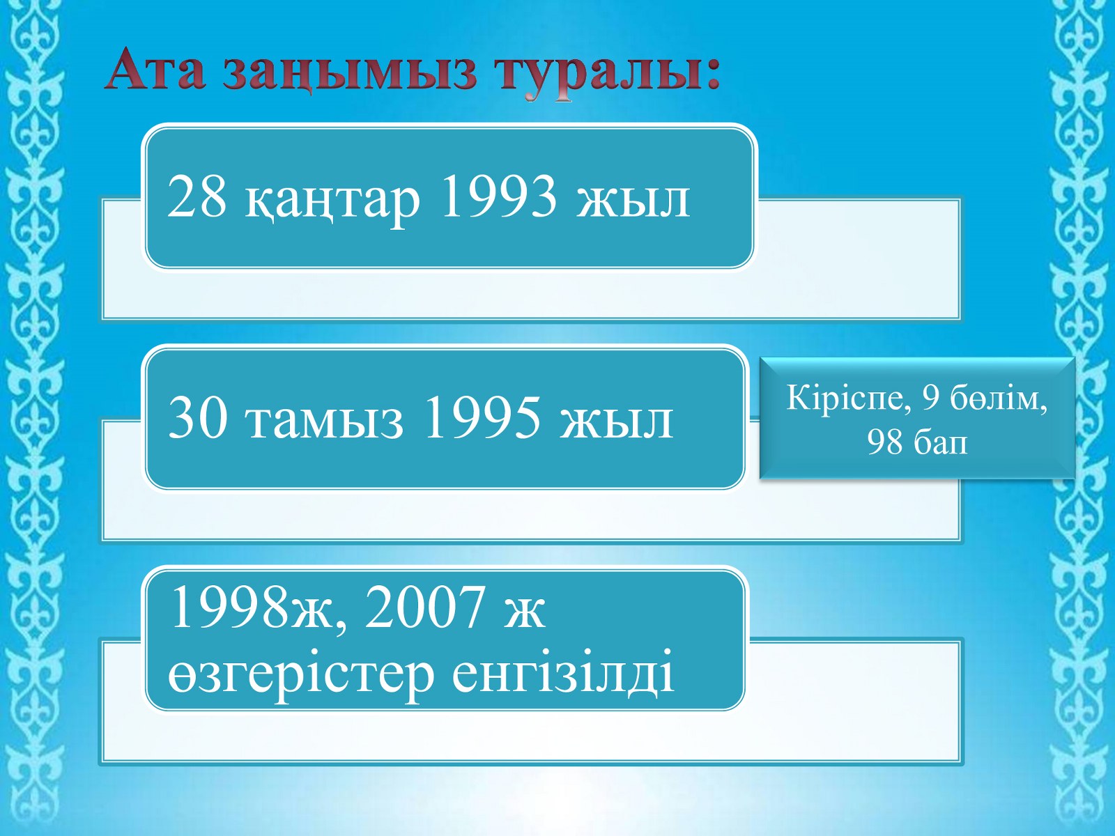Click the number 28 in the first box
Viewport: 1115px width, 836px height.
pos(197,197)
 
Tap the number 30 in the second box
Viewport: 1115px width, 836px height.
pos(198,419)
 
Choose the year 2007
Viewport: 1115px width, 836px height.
pos(424,606)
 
